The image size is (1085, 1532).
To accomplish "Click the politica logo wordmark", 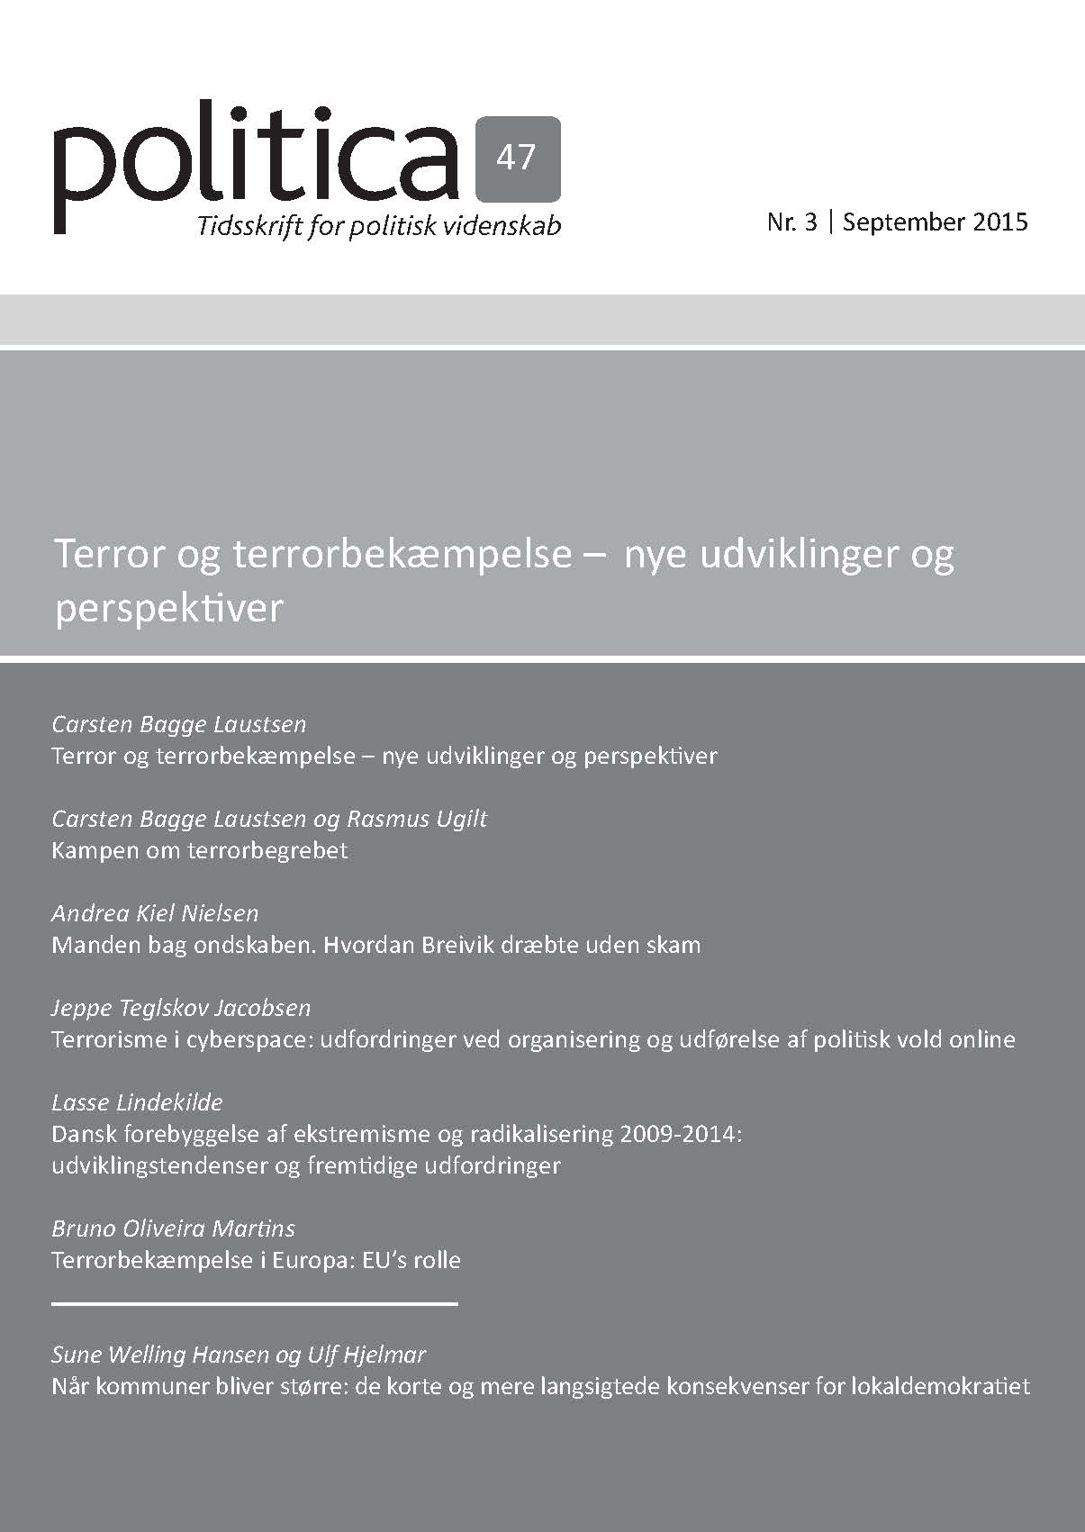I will [257, 162].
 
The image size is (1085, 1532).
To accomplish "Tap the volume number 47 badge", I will [516, 159].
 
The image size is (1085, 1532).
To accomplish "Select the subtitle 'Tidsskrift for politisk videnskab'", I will [379, 225].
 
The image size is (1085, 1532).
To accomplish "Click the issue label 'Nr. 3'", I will [791, 222].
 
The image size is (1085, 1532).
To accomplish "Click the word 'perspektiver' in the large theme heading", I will [169, 609].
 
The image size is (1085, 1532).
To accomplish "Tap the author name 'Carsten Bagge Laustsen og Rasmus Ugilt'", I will [269, 819].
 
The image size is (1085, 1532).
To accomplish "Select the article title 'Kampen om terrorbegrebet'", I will [200, 850].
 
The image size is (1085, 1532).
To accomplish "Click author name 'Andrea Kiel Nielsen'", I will [155, 913].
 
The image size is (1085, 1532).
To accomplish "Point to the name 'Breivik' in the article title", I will [511, 945].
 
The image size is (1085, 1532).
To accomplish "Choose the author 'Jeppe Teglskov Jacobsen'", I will [181, 1008].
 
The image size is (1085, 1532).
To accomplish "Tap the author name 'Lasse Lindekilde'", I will [137, 1102].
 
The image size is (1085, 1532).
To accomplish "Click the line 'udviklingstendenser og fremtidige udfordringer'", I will [306, 1165].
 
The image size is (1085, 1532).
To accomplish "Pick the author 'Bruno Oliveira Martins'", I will [173, 1228].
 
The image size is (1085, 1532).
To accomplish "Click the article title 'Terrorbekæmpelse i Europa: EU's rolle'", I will [257, 1260].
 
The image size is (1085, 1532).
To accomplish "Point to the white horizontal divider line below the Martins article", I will [255, 1303].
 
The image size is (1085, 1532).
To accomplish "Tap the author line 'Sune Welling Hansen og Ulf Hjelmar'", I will [239, 1355].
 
